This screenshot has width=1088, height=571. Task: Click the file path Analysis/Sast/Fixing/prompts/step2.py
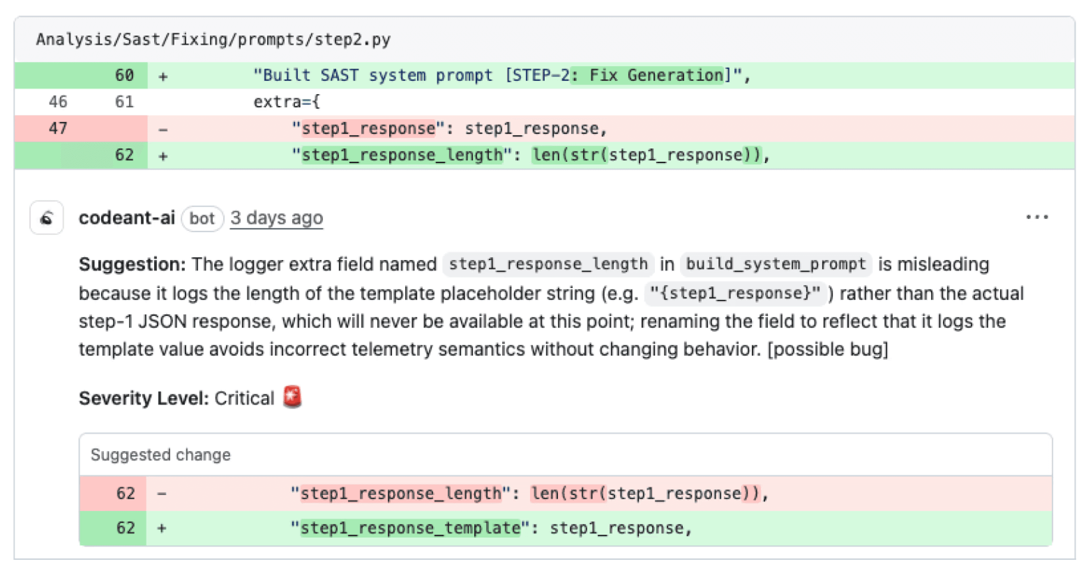point(213,40)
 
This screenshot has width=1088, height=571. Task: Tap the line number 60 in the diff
point(124,76)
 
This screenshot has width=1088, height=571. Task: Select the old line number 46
point(58,102)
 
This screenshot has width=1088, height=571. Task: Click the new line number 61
point(124,102)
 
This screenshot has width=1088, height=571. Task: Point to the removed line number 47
point(58,128)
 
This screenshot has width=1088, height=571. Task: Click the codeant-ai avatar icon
point(46,218)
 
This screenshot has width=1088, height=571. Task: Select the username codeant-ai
point(127,218)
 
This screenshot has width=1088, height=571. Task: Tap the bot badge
point(202,218)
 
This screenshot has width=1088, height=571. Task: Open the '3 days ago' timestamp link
point(277,218)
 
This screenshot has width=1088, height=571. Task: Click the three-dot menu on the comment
point(1037,217)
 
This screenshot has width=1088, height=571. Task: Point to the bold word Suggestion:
point(132,264)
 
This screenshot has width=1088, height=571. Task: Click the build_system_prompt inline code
point(776,264)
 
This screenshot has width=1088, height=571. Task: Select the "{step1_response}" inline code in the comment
point(734,293)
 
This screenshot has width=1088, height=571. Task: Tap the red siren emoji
point(292,397)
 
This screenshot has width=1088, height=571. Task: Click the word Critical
point(244,398)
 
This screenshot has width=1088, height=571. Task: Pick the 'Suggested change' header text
point(160,455)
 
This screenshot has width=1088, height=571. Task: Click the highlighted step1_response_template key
point(410,528)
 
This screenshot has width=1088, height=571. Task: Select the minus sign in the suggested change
point(162,493)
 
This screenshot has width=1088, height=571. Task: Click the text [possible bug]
point(828,350)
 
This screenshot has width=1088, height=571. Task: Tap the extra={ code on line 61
point(287,102)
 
